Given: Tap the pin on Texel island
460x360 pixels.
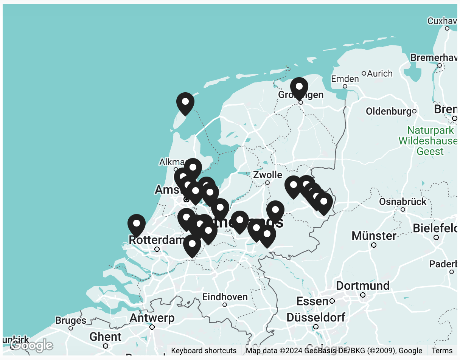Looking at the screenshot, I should (185, 103).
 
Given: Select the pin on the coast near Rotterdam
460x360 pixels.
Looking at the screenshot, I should (137, 225).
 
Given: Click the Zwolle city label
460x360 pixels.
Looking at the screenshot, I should (267, 175).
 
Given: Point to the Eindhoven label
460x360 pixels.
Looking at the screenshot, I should (225, 297).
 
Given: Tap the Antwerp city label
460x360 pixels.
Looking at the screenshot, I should (152, 318).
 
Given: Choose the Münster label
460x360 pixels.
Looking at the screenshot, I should (374, 236).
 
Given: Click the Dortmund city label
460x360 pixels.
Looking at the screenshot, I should (362, 286).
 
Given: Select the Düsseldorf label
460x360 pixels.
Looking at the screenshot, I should (315, 318).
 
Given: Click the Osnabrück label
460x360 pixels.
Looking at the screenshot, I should (402, 202).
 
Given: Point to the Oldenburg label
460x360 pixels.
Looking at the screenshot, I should (389, 112).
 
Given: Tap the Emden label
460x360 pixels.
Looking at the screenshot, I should (345, 79).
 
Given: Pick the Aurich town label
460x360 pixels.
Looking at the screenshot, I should (379, 73).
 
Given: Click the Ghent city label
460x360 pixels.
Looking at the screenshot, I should (106, 337).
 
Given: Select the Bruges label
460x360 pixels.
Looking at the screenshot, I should (71, 321).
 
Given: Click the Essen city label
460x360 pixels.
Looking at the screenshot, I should (312, 301).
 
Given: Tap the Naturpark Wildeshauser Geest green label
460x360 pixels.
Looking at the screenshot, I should (430, 141).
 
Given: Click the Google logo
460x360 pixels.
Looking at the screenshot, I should (32, 345).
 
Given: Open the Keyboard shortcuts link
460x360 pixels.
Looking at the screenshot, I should (204, 351).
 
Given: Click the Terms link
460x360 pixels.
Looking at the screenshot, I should (442, 351).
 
